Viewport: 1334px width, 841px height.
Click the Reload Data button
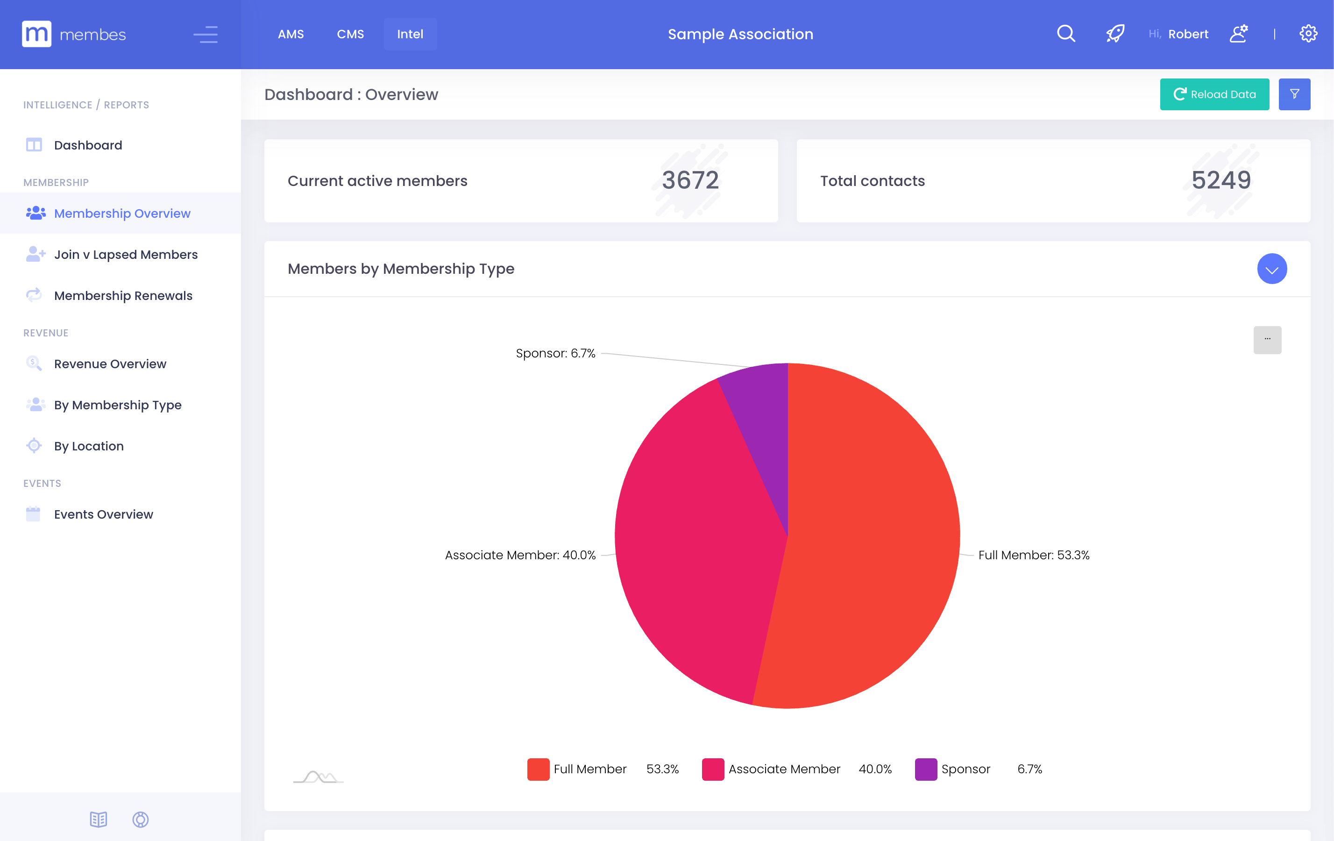coord(1214,94)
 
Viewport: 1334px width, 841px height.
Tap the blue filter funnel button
coord(1294,94)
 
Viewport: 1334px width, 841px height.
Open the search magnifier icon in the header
coord(1065,34)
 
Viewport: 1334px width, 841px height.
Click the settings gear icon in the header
coord(1308,34)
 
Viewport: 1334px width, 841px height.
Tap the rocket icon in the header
coord(1114,34)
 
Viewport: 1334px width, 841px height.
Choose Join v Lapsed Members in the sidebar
coord(126,254)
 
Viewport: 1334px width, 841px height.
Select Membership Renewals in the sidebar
coord(123,295)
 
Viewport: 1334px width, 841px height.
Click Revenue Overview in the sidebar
coord(110,364)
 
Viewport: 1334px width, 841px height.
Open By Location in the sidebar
coord(89,446)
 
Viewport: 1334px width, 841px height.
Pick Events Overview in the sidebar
coord(103,514)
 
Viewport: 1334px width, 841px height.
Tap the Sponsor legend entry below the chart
coord(965,769)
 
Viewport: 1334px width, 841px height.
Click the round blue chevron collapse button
coord(1271,269)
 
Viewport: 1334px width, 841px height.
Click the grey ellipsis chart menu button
coord(1267,340)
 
